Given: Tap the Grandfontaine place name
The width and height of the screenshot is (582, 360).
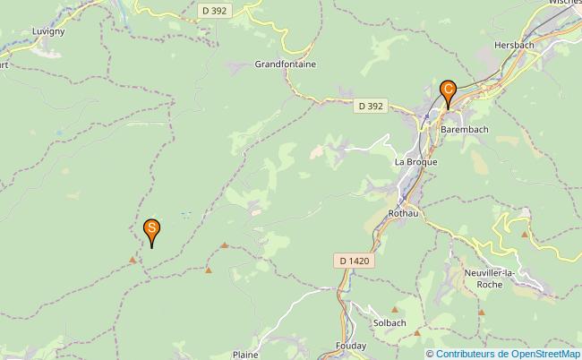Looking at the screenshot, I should (286, 64).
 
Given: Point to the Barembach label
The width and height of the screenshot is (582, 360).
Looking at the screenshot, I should (464, 129).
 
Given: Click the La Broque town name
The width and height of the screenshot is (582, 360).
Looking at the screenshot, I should (415, 162).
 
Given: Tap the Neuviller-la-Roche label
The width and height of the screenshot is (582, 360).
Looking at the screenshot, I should (489, 278).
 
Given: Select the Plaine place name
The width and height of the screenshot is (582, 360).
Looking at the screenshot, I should (245, 355).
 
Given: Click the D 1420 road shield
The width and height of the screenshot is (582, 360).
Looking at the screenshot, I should (354, 261).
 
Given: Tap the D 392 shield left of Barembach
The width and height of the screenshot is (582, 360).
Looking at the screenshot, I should (370, 106).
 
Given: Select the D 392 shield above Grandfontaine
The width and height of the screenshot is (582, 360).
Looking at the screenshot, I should (213, 11).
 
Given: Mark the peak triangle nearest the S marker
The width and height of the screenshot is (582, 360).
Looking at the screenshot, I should (133, 260).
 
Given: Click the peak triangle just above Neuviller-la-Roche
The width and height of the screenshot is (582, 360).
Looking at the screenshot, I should (525, 234).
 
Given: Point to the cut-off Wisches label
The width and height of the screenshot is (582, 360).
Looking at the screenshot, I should (564, 3).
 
